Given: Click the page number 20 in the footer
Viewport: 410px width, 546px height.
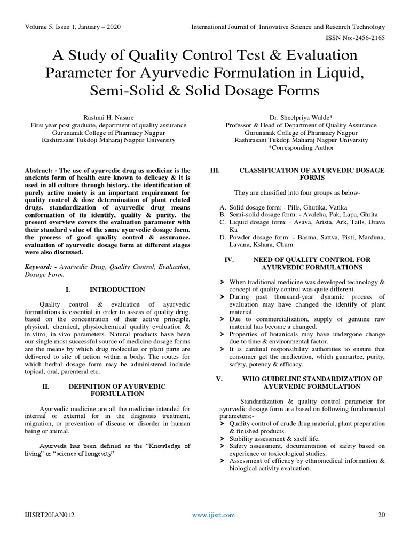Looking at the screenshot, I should (x=381, y=515).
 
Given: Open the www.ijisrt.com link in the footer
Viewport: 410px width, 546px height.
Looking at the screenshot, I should (x=213, y=515).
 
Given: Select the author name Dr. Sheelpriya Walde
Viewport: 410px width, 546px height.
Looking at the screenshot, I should (x=301, y=118).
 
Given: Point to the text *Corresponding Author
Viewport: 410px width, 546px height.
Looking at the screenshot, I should (x=301, y=148).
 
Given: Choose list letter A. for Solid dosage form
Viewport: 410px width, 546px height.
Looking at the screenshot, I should (x=223, y=206).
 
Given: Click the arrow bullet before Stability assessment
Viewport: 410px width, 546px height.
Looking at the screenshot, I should (x=223, y=438).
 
